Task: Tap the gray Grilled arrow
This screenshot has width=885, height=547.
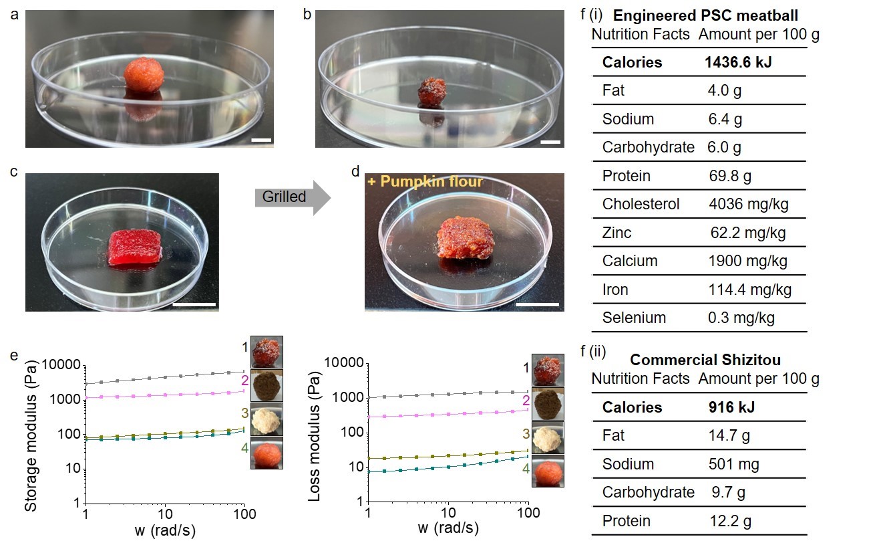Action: point(292,197)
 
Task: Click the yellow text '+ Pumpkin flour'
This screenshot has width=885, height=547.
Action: point(425,181)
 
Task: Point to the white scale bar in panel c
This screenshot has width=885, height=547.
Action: point(194,304)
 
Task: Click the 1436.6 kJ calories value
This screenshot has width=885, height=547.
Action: point(740,62)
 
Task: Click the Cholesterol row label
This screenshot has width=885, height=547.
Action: point(641,204)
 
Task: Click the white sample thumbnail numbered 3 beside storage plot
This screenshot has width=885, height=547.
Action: point(267,419)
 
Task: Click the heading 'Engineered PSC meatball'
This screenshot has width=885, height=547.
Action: point(705,15)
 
